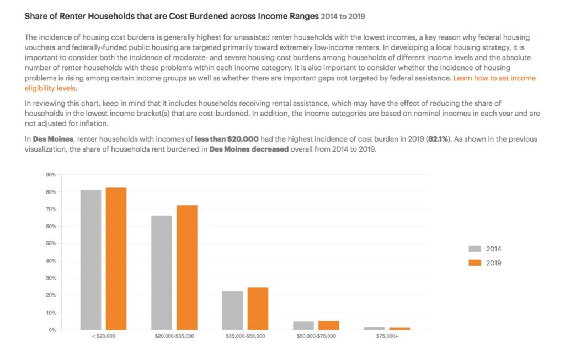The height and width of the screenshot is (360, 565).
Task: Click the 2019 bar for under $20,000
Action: (116, 259)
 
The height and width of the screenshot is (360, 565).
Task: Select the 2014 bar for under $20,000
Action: (91, 260)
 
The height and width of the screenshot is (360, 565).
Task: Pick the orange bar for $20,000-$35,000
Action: (187, 267)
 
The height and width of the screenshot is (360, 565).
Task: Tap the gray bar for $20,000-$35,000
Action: (162, 273)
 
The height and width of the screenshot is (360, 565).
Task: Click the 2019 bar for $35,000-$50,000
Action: (258, 309)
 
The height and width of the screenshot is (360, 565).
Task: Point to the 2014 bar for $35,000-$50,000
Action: (233, 310)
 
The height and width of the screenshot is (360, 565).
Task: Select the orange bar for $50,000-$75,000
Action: (329, 325)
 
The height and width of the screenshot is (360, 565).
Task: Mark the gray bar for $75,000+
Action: (375, 329)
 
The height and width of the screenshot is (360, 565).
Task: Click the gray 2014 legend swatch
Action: (475, 249)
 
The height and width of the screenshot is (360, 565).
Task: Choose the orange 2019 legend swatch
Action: (475, 263)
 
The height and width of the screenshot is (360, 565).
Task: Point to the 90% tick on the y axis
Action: (51, 175)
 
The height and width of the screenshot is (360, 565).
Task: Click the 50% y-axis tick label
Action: (51, 244)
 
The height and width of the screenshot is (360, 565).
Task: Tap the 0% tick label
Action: (52, 330)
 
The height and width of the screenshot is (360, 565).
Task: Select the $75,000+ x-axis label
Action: (387, 336)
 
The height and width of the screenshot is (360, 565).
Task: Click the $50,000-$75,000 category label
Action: (316, 336)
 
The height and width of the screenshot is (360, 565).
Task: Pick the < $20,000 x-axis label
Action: (103, 336)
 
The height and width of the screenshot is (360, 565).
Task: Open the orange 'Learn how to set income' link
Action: (495, 78)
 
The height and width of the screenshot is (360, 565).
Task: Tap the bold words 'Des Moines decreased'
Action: (249, 149)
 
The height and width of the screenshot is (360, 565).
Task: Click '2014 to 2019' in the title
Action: (343, 16)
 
